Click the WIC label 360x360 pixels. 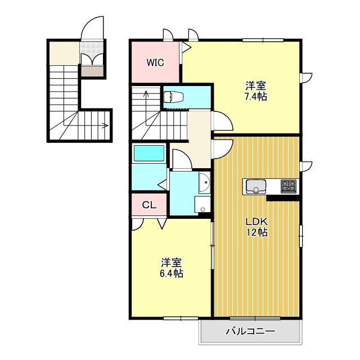coord(156,62)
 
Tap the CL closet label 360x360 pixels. coord(148,205)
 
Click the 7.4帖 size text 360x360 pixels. coord(256,97)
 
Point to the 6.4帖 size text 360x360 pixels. coord(172,274)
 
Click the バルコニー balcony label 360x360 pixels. coord(250,331)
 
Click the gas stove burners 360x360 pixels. coord(289,186)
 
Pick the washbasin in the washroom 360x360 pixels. coord(204,182)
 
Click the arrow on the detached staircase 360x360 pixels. coord(105,125)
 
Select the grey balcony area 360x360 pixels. coord(250,335)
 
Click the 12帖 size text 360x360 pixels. coord(256,232)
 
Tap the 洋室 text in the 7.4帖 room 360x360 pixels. coord(256,86)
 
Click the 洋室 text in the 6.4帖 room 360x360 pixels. coord(172,263)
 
